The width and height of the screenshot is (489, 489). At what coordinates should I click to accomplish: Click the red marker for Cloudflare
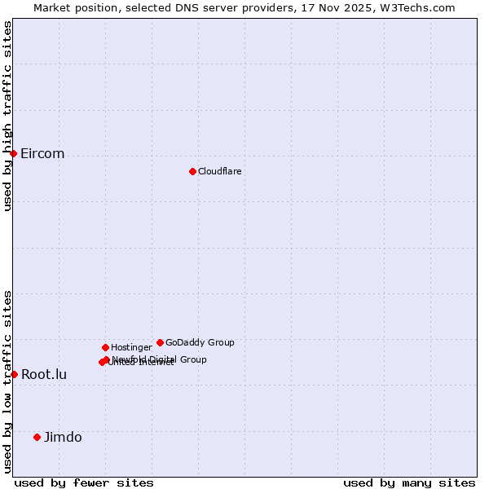coord(192,171)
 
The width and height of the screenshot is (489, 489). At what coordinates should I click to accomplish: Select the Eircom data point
coord(13,153)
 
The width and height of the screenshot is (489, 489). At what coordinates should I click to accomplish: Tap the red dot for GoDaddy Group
coord(160,342)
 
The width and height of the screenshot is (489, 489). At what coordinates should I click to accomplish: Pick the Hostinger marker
coord(105,347)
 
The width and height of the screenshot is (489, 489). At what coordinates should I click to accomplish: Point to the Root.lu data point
coord(14,374)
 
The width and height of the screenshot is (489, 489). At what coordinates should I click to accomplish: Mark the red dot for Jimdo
coord(37,437)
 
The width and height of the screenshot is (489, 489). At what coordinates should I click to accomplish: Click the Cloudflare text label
coord(220,171)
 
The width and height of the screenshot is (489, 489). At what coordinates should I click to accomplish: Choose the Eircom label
coord(42,154)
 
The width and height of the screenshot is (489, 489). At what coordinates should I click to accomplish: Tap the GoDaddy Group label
coord(200,342)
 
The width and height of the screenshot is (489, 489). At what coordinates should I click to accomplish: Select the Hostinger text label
coord(131,347)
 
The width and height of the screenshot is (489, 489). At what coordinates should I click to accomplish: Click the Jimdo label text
coord(63,438)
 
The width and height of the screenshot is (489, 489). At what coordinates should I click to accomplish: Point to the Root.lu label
coord(44,375)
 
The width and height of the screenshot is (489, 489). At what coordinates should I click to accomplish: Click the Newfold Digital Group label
coord(161,359)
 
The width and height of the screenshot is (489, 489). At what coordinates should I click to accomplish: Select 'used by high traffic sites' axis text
coord(7,115)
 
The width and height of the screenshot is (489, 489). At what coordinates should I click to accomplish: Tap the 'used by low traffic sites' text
coord(7,381)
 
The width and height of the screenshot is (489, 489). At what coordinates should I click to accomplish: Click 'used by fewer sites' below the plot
coord(84,482)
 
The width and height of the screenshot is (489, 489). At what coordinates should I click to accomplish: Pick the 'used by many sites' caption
coord(409,482)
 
